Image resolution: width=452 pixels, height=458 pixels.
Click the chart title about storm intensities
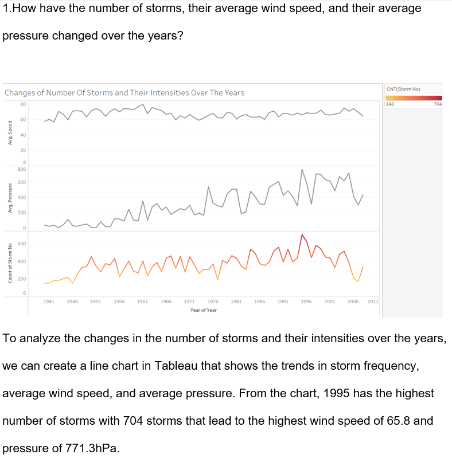(x=124, y=93)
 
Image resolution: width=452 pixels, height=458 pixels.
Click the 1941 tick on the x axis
(x=49, y=301)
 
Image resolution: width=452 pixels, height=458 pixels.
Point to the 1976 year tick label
(x=212, y=301)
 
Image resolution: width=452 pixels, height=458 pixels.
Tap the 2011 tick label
(x=373, y=301)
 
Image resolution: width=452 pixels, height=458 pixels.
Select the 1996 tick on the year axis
(x=306, y=301)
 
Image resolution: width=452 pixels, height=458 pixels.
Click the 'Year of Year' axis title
(x=204, y=310)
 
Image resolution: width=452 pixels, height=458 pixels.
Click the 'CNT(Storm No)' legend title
(x=404, y=89)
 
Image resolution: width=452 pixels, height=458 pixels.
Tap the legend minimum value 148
(x=390, y=104)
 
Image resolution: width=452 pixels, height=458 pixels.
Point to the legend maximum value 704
(x=438, y=104)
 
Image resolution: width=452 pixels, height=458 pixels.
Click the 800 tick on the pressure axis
(x=21, y=169)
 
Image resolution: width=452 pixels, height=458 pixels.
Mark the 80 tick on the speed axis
(x=22, y=104)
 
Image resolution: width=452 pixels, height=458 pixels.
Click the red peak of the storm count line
(x=302, y=235)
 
